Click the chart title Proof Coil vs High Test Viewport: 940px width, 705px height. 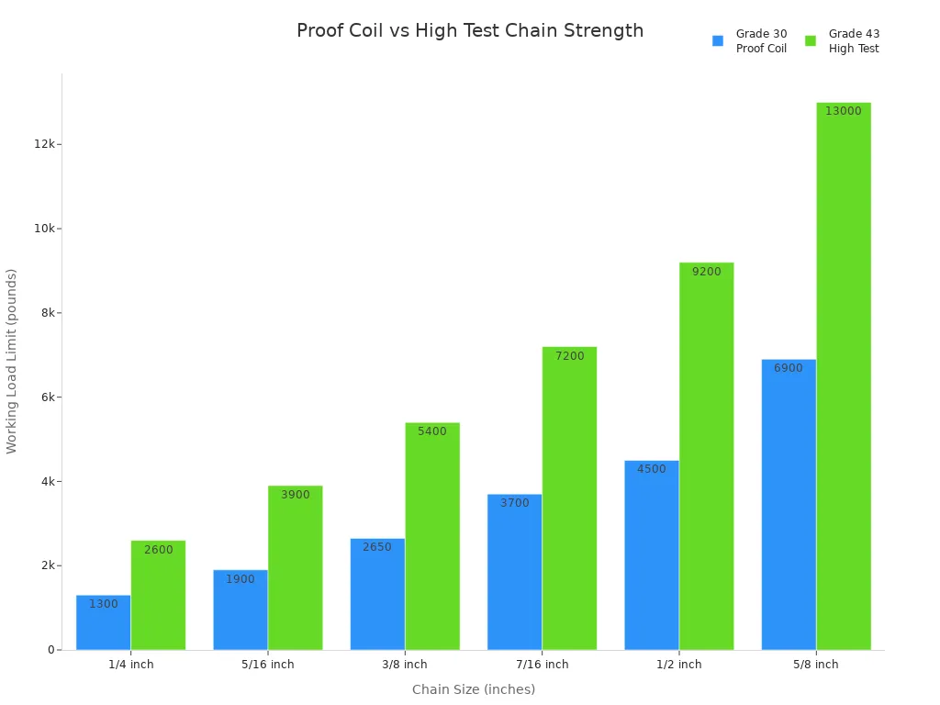coord(470,31)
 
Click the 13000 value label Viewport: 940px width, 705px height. coord(843,111)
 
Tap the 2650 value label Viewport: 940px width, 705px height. coord(376,547)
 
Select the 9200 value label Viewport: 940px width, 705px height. coord(706,272)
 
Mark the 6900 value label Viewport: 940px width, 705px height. coord(788,368)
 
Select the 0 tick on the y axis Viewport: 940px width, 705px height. coord(51,650)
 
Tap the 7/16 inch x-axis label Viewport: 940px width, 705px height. coord(542,665)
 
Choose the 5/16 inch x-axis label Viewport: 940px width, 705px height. coord(268,665)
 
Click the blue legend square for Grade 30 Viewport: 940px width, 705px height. coord(718,41)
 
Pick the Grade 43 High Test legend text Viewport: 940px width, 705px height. coord(854,41)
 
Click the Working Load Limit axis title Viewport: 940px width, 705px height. coord(12,361)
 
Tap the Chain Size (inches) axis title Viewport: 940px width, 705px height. coord(473,689)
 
